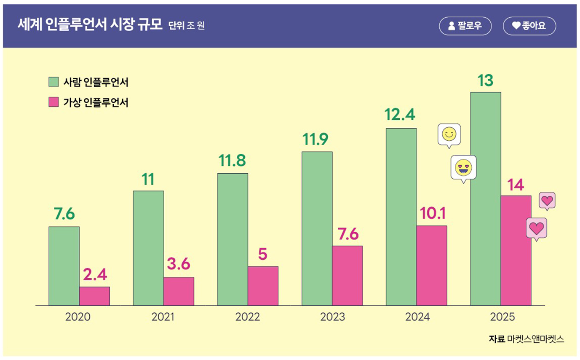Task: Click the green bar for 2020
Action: point(64,266)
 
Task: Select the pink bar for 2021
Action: point(179,291)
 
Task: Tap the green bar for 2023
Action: point(317,228)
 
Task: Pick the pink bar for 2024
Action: point(431,265)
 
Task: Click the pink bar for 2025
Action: point(516,250)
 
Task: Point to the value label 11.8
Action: point(232,161)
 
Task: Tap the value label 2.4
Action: point(95,275)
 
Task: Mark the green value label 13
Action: point(485,80)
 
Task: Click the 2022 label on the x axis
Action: point(248,317)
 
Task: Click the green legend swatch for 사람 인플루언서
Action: point(53,82)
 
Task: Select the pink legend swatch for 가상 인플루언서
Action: point(53,102)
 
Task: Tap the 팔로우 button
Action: point(465,26)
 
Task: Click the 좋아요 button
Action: point(529,26)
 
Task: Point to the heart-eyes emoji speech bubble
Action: point(463,167)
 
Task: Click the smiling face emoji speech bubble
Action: point(449,135)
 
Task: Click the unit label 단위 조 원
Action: point(187,26)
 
